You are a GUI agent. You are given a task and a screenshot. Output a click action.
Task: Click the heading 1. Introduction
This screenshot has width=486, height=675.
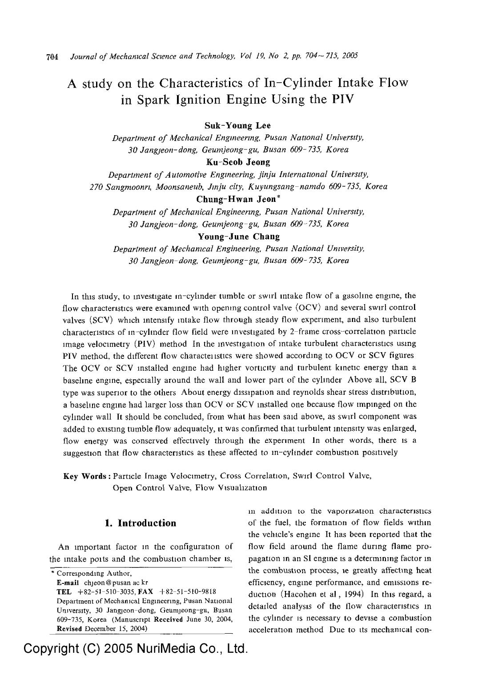tap(140, 523)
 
